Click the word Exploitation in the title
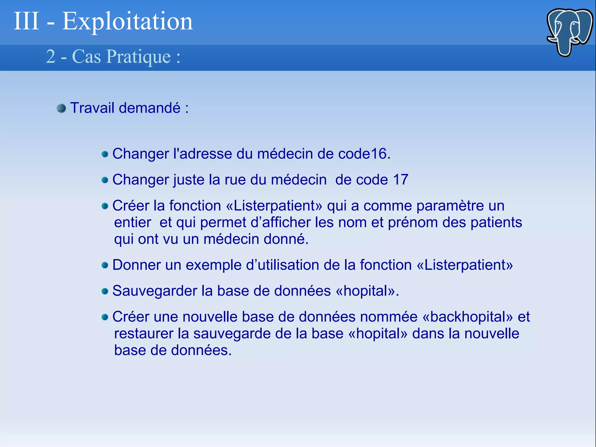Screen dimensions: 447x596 coord(127,22)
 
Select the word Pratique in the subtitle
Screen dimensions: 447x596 coord(139,56)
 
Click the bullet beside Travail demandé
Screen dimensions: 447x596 coord(61,109)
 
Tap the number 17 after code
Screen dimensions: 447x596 coord(400,180)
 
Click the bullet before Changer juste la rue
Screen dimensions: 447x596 coord(105,180)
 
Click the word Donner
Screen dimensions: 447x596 coord(136,265)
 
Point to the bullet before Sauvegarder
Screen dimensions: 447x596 coord(105,291)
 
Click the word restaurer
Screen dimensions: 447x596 coord(143,334)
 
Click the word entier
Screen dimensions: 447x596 coord(132,223)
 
